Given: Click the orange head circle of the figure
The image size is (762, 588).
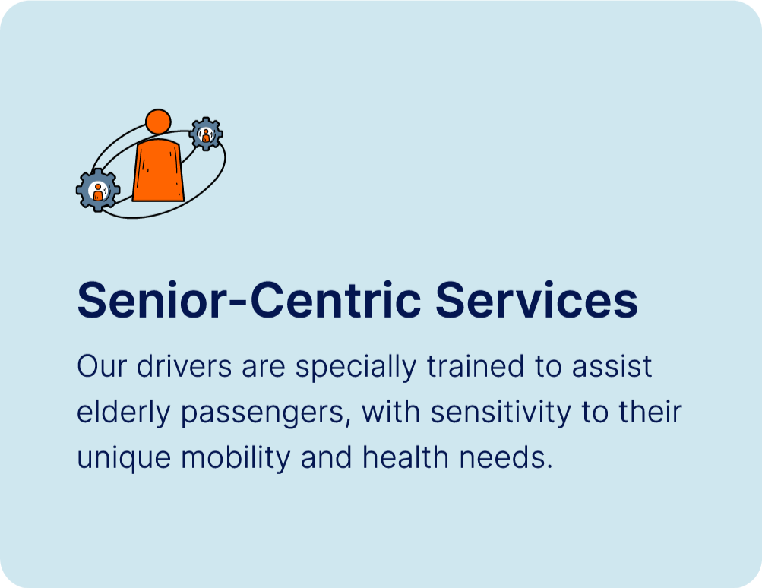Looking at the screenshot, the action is point(158,122).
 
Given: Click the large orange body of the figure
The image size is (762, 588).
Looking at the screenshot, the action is point(159,170).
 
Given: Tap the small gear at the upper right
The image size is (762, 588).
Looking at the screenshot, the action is point(206,134).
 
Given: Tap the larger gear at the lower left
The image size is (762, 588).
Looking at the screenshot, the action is point(98,190).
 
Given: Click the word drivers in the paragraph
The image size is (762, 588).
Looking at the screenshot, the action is point(184,366).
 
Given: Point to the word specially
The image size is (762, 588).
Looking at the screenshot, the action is point(356,368).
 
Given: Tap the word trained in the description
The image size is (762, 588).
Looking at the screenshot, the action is point(476,366).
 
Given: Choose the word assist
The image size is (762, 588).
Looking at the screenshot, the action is point(612,366).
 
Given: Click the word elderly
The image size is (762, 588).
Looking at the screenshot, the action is point(124,413).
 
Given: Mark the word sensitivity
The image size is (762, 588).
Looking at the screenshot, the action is point(501,413).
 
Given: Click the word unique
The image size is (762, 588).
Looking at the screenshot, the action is point(124,459).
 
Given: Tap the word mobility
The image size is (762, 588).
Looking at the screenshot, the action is point(236,459).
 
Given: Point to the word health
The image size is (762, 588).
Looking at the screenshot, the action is point(405,458).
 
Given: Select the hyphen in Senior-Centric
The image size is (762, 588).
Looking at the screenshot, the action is point(239,304).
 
